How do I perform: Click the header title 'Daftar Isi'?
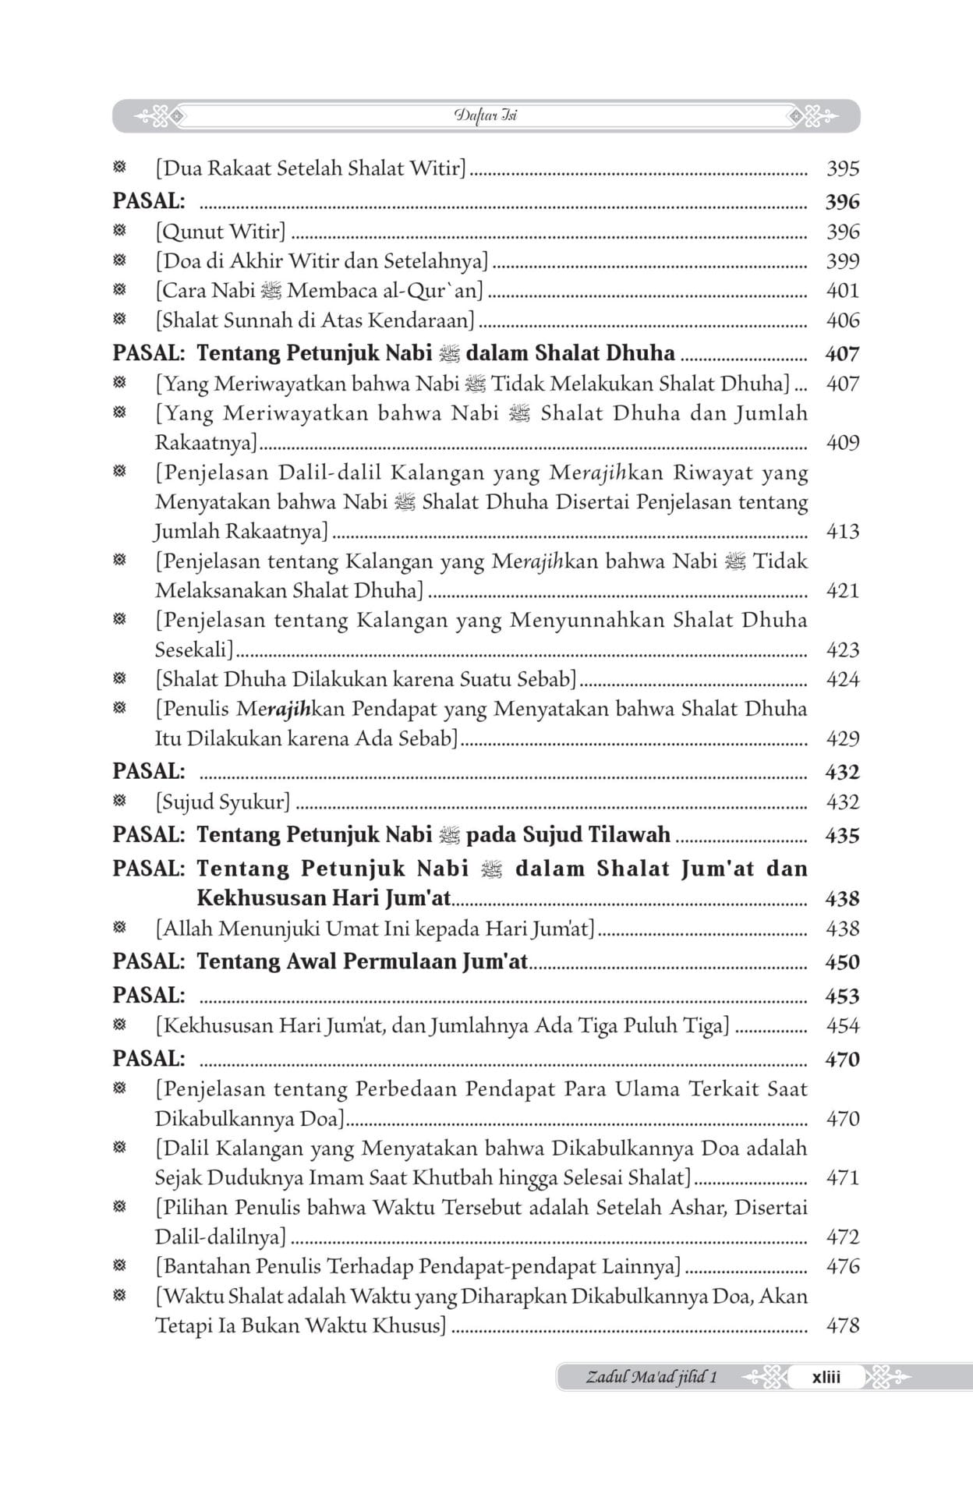click(486, 116)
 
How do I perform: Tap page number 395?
click(842, 168)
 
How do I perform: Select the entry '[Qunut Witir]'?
click(221, 232)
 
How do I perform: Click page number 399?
click(842, 261)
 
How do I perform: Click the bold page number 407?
click(842, 354)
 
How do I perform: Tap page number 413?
click(842, 532)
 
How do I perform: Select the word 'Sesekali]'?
click(195, 650)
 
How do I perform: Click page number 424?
click(842, 680)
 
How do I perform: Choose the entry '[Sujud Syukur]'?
click(223, 802)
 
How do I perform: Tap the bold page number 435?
click(842, 836)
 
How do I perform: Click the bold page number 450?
click(842, 962)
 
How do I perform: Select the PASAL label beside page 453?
click(149, 996)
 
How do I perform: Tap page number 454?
click(842, 1026)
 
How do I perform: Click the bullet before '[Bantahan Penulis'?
click(119, 1266)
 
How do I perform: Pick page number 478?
click(842, 1325)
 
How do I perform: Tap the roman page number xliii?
click(826, 1377)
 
